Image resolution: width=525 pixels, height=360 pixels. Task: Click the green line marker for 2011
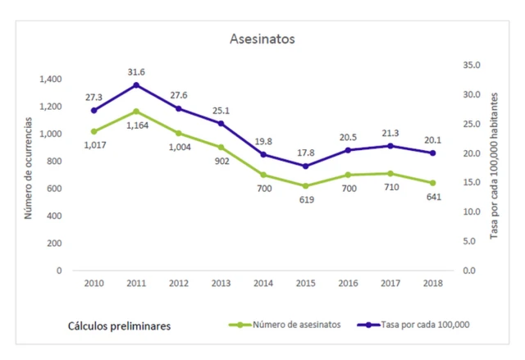tap(136, 111)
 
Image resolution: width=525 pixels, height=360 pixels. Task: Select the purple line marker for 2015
tap(305, 166)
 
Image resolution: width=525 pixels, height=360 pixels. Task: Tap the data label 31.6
tap(136, 71)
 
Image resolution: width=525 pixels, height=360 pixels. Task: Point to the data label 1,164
tap(136, 125)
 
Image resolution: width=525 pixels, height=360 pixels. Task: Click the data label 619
tap(305, 200)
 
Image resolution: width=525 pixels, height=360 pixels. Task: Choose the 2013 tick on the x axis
tap(221, 283)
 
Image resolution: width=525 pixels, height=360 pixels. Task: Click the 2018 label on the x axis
tap(432, 283)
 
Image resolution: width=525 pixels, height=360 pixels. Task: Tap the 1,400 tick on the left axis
tap(50, 80)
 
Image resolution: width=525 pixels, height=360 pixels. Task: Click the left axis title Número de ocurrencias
tap(28, 167)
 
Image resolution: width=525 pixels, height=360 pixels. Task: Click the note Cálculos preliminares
tap(119, 326)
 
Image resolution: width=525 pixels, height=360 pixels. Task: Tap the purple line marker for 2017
tap(390, 146)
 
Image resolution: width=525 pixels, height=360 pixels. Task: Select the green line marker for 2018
tap(432, 183)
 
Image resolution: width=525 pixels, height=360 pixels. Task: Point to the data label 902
tap(221, 162)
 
